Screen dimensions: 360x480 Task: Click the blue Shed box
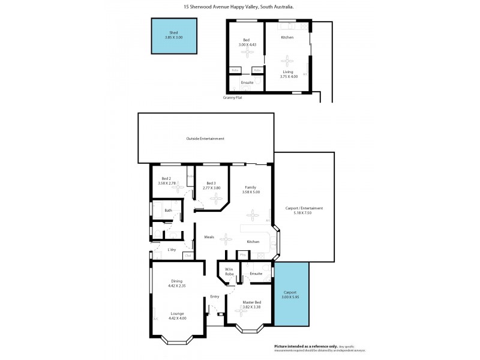tap(174, 36)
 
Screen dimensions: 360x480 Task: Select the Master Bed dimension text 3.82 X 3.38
tap(251, 307)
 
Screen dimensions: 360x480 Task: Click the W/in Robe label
tap(229, 271)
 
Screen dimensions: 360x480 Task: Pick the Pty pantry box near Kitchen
tap(243, 254)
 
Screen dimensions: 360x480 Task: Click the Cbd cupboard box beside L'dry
tap(188, 256)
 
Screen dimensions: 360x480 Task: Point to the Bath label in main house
tap(169, 211)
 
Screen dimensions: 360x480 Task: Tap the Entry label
tap(214, 296)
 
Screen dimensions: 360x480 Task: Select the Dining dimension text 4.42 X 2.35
tap(176, 286)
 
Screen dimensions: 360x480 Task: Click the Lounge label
tap(176, 313)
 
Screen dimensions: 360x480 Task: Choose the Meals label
tap(209, 237)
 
